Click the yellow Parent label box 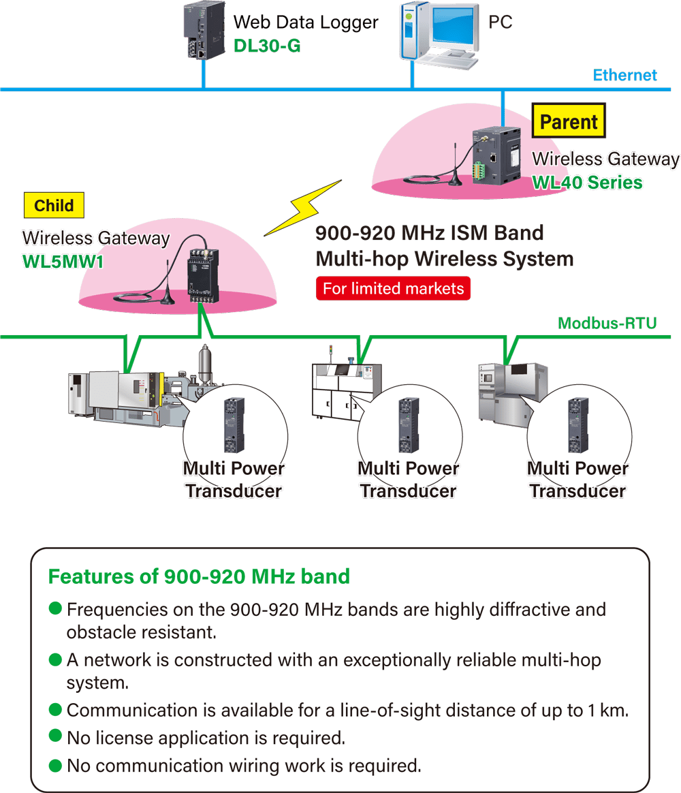pos(569,123)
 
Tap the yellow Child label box pos(54,206)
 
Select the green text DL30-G pos(267,46)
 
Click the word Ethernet pos(624,75)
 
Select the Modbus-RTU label pos(607,323)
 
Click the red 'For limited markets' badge pos(393,288)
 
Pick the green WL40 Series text pos(587,183)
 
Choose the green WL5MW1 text pos(63,262)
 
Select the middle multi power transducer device pos(409,425)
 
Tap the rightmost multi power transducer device pos(578,425)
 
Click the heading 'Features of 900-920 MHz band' pos(199,576)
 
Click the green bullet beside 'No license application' pos(56,738)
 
